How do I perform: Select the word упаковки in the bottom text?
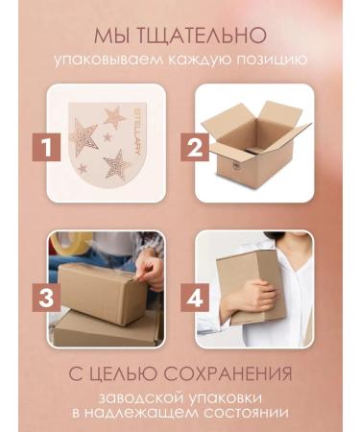pyautogui.click(x=223, y=397)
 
